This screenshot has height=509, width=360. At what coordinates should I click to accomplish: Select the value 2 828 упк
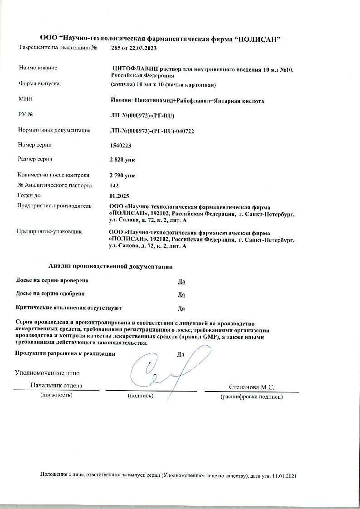[x=122, y=160]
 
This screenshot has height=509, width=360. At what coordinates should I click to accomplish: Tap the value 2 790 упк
[x=122, y=175]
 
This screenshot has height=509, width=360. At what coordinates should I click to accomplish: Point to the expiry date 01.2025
[x=119, y=196]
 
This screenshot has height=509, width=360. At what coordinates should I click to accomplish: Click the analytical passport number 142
[x=114, y=186]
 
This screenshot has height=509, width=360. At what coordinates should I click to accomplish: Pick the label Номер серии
[x=34, y=145]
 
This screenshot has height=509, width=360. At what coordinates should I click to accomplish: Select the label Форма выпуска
[x=39, y=83]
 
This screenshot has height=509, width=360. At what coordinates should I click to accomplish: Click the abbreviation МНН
[x=25, y=99]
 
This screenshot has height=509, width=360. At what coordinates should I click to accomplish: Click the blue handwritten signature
[x=163, y=367]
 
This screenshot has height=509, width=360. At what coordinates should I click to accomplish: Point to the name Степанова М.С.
[x=252, y=387]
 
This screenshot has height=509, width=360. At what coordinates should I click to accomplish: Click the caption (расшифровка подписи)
[x=252, y=397]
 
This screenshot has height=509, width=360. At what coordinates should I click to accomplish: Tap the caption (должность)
[x=57, y=395]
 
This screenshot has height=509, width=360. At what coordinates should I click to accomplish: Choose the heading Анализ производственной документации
[x=111, y=266]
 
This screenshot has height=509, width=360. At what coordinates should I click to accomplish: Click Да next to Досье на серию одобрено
[x=181, y=294]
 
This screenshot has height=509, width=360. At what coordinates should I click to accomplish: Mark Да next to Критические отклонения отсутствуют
[x=181, y=309]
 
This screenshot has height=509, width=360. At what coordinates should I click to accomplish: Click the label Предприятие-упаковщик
[x=49, y=231]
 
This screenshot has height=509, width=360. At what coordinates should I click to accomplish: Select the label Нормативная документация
[x=54, y=131]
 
